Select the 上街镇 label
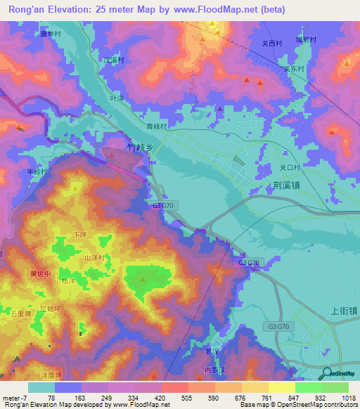click(343, 310)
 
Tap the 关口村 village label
click(290, 168)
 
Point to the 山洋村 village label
click(94, 258)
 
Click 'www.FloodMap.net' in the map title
click(217, 9)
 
